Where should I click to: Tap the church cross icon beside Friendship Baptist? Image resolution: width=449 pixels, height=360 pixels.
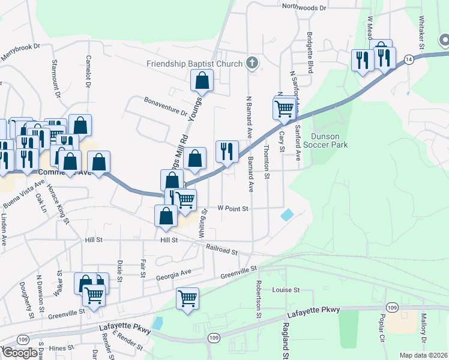click(253, 63)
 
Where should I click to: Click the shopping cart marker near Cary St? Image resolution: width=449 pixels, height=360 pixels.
click(285, 108)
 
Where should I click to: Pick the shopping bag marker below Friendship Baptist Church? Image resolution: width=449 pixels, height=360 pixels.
click(202, 80)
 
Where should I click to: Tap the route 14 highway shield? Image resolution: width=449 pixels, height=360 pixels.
click(408, 59)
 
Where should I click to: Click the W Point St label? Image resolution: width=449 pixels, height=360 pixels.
click(232, 208)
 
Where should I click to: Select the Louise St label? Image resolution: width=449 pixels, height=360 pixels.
click(286, 289)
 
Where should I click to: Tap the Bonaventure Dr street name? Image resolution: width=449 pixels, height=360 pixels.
click(166, 106)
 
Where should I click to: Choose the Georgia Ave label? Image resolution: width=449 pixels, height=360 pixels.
click(173, 275)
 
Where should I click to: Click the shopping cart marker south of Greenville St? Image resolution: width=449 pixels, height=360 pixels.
click(188, 298)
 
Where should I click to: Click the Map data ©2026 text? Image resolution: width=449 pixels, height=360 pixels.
click(423, 355)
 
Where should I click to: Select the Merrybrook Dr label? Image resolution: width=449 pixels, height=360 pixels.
click(20, 49)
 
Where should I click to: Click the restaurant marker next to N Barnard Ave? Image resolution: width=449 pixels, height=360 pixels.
click(226, 151)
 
